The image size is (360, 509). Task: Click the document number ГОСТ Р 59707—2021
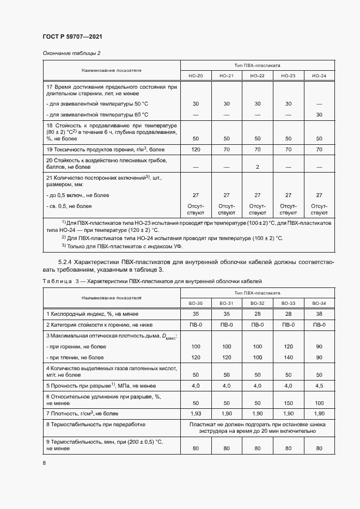click(x=72, y=36)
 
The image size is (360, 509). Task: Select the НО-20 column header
click(x=196, y=76)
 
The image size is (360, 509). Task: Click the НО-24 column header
click(x=319, y=76)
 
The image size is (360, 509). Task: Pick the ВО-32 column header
click(x=257, y=303)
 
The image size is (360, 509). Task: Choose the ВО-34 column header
click(x=319, y=303)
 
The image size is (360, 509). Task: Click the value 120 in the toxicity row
click(x=196, y=148)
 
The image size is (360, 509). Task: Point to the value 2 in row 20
click(x=257, y=167)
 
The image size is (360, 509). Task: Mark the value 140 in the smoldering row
click(x=288, y=358)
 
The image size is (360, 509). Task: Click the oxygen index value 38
click(x=319, y=314)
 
